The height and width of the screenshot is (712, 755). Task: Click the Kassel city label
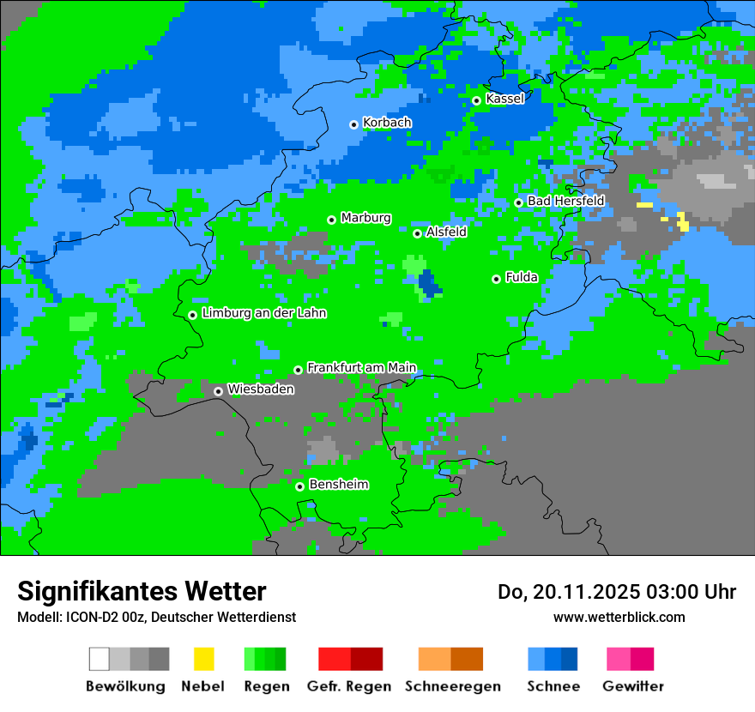tap(504, 99)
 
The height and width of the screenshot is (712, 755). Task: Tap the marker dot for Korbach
tap(353, 124)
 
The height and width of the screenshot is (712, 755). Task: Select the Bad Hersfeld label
tap(565, 201)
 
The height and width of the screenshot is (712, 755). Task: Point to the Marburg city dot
tap(331, 220)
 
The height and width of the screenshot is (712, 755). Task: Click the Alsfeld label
tap(446, 232)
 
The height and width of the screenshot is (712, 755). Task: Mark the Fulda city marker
tap(496, 279)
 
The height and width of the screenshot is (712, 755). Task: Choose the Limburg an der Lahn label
tap(263, 313)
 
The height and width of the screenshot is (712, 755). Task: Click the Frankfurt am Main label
tap(361, 367)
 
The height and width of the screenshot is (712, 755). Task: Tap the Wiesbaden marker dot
tap(218, 391)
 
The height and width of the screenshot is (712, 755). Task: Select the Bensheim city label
tap(338, 484)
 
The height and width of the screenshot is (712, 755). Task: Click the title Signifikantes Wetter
tap(142, 591)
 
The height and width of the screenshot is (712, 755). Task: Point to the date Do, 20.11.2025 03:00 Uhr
tap(616, 592)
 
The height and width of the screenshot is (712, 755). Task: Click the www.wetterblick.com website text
tap(619, 617)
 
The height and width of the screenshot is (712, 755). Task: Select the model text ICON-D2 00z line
tap(156, 617)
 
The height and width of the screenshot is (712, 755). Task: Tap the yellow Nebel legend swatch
tap(203, 659)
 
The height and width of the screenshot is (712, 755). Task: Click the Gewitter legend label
tap(632, 686)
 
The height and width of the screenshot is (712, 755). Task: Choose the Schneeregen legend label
tap(453, 686)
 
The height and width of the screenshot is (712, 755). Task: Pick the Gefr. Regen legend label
tap(348, 686)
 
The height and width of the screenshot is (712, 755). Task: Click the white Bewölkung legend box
tap(100, 659)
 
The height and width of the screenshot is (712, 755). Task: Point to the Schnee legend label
tap(553, 686)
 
